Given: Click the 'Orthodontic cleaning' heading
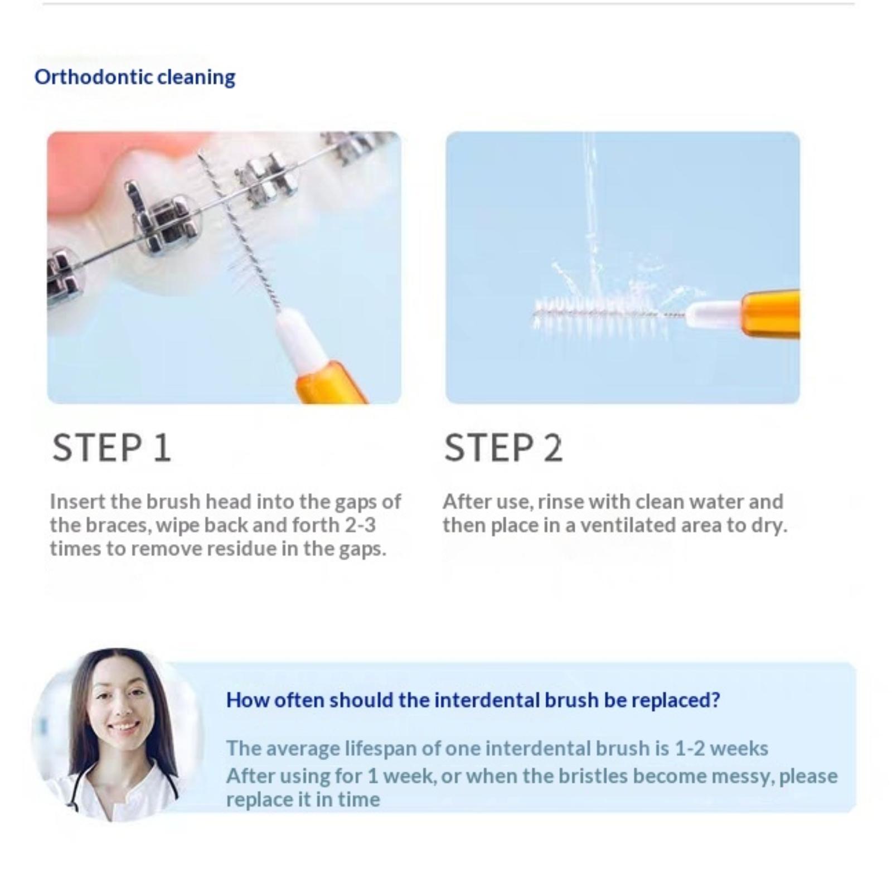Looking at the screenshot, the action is click(135, 77).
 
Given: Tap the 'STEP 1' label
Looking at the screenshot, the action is click(111, 448).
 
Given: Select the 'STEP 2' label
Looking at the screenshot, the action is click(503, 448).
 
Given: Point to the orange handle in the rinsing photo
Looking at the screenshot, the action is click(771, 314).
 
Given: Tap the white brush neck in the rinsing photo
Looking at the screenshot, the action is click(715, 314).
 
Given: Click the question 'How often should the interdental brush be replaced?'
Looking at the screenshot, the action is click(473, 700).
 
